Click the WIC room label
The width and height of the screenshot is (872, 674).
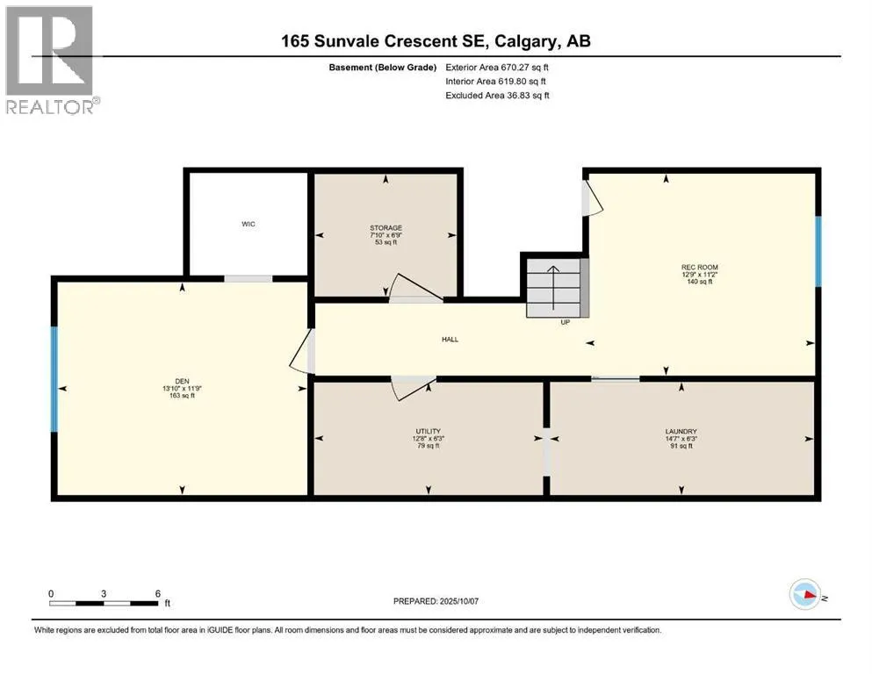pos(248,224)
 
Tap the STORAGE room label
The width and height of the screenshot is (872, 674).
pos(386,228)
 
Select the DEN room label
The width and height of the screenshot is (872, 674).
pos(182,381)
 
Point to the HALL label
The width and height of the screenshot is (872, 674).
pos(450,339)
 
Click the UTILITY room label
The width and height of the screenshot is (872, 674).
pos(429,431)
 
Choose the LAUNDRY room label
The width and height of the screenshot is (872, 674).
pos(681,431)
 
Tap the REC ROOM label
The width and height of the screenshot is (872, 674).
pos(700,268)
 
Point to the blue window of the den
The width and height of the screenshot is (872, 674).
pos(54,379)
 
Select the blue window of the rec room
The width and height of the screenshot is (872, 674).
pos(818,251)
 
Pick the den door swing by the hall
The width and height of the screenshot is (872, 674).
pos(303,351)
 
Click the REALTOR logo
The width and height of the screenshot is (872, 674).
pos(52,60)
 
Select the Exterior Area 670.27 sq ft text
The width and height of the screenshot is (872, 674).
pos(497,68)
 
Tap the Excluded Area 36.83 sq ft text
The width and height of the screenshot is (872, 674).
pos(497,96)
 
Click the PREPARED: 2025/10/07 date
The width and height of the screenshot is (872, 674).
pos(436,601)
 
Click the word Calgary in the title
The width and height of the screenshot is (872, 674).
pos(525,41)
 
